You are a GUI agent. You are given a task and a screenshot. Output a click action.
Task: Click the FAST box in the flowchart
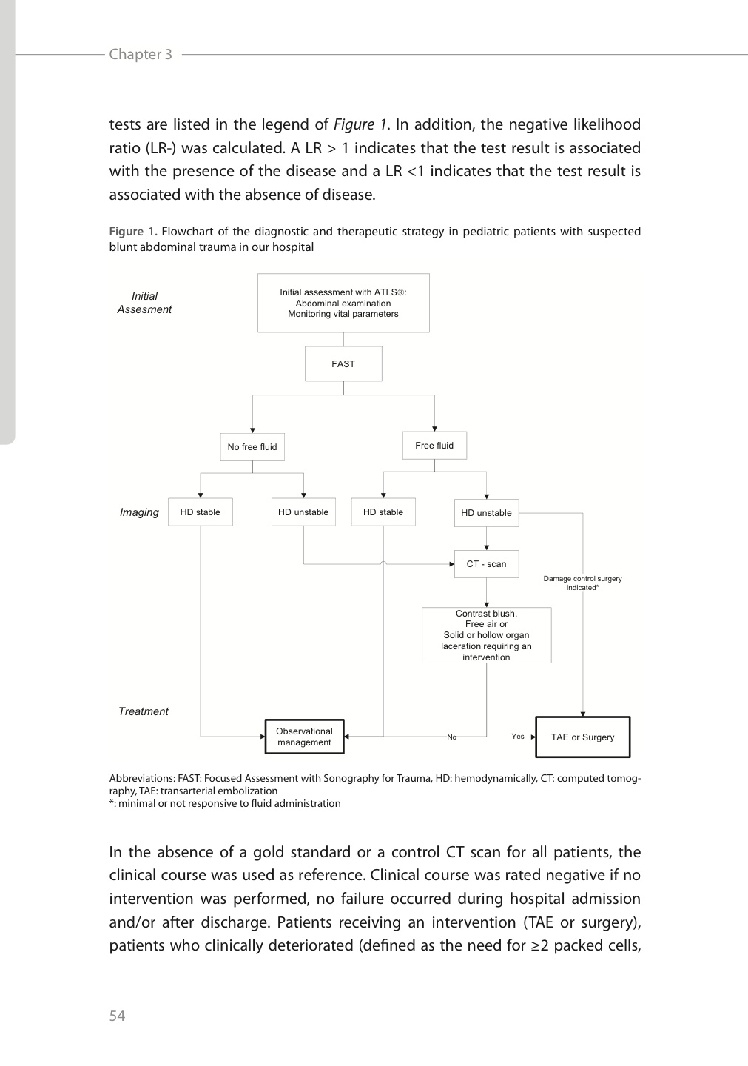(343, 363)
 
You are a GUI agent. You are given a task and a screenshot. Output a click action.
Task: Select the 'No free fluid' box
(252, 446)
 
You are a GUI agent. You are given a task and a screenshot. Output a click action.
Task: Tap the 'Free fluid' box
(434, 445)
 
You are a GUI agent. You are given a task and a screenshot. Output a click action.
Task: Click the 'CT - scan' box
(486, 564)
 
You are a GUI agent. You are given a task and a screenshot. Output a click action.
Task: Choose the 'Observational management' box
(304, 737)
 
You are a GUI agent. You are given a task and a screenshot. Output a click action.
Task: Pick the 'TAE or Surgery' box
(582, 737)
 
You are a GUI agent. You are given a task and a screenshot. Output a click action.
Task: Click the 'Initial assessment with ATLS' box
(343, 303)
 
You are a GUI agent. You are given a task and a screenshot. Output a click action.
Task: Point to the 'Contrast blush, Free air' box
(486, 635)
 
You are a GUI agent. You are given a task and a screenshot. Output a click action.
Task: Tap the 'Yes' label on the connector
(518, 736)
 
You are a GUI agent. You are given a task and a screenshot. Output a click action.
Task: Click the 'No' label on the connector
(452, 737)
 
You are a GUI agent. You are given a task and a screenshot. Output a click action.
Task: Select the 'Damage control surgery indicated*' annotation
(582, 583)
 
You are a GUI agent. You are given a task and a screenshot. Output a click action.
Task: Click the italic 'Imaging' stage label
(139, 512)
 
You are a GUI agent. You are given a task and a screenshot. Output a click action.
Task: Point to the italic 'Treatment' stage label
(144, 711)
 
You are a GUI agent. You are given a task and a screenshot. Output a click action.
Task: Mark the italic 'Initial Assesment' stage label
(144, 303)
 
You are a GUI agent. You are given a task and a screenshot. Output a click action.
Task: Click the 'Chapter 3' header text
(141, 54)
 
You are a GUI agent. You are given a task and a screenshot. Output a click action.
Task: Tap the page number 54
(118, 1016)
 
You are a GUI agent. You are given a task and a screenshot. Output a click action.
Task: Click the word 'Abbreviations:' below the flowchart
(142, 778)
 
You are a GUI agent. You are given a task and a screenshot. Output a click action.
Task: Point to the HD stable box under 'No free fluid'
(200, 512)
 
